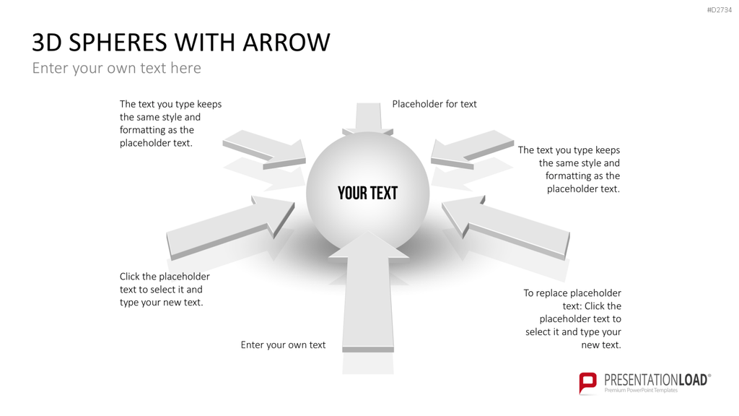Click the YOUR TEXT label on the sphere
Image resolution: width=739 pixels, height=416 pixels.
(x=367, y=193)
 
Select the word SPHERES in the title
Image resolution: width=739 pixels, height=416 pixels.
(x=118, y=43)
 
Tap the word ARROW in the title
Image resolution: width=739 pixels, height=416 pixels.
(x=287, y=43)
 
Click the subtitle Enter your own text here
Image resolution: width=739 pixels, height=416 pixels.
(x=116, y=68)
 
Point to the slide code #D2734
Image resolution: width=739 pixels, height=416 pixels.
(x=720, y=10)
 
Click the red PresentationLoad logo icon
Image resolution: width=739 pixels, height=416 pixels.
(x=587, y=383)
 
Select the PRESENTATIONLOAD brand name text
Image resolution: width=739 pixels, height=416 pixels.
(x=656, y=380)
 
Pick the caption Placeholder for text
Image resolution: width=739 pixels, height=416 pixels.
(x=434, y=104)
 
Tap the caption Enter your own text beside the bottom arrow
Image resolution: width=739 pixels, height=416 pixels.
(x=283, y=344)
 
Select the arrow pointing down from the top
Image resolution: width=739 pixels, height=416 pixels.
(x=367, y=118)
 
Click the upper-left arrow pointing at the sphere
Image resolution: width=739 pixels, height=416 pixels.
(x=265, y=149)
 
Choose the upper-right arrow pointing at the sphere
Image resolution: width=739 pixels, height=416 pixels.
(x=472, y=149)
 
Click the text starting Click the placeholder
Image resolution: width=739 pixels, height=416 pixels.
(x=165, y=290)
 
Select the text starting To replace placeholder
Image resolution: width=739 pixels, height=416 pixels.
(x=572, y=318)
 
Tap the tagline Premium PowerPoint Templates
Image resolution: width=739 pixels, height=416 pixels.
(x=641, y=391)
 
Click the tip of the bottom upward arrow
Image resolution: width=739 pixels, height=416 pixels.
(x=368, y=231)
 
